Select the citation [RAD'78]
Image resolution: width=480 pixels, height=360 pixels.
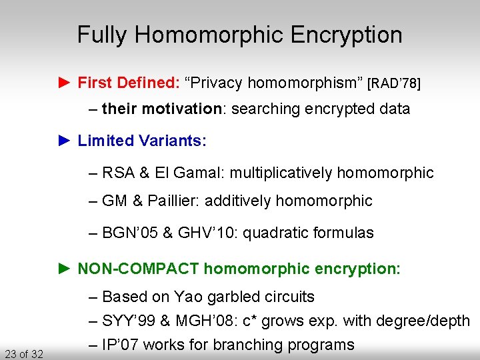(x=394, y=83)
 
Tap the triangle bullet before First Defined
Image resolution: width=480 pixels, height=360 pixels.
(x=64, y=83)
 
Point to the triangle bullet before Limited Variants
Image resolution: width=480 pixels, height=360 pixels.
(x=64, y=141)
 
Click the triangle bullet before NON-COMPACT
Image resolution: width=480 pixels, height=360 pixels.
(x=64, y=269)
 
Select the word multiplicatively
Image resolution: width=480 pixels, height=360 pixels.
(x=283, y=173)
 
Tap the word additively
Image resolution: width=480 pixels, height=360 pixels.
(x=237, y=201)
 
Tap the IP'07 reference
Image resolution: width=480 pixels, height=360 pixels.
(x=121, y=345)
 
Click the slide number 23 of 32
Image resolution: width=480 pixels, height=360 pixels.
(x=23, y=353)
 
